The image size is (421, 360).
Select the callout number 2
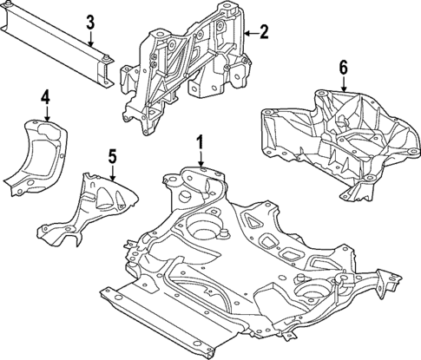[264, 32]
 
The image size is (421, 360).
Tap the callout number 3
[89, 21]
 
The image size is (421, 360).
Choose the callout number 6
[343, 66]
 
